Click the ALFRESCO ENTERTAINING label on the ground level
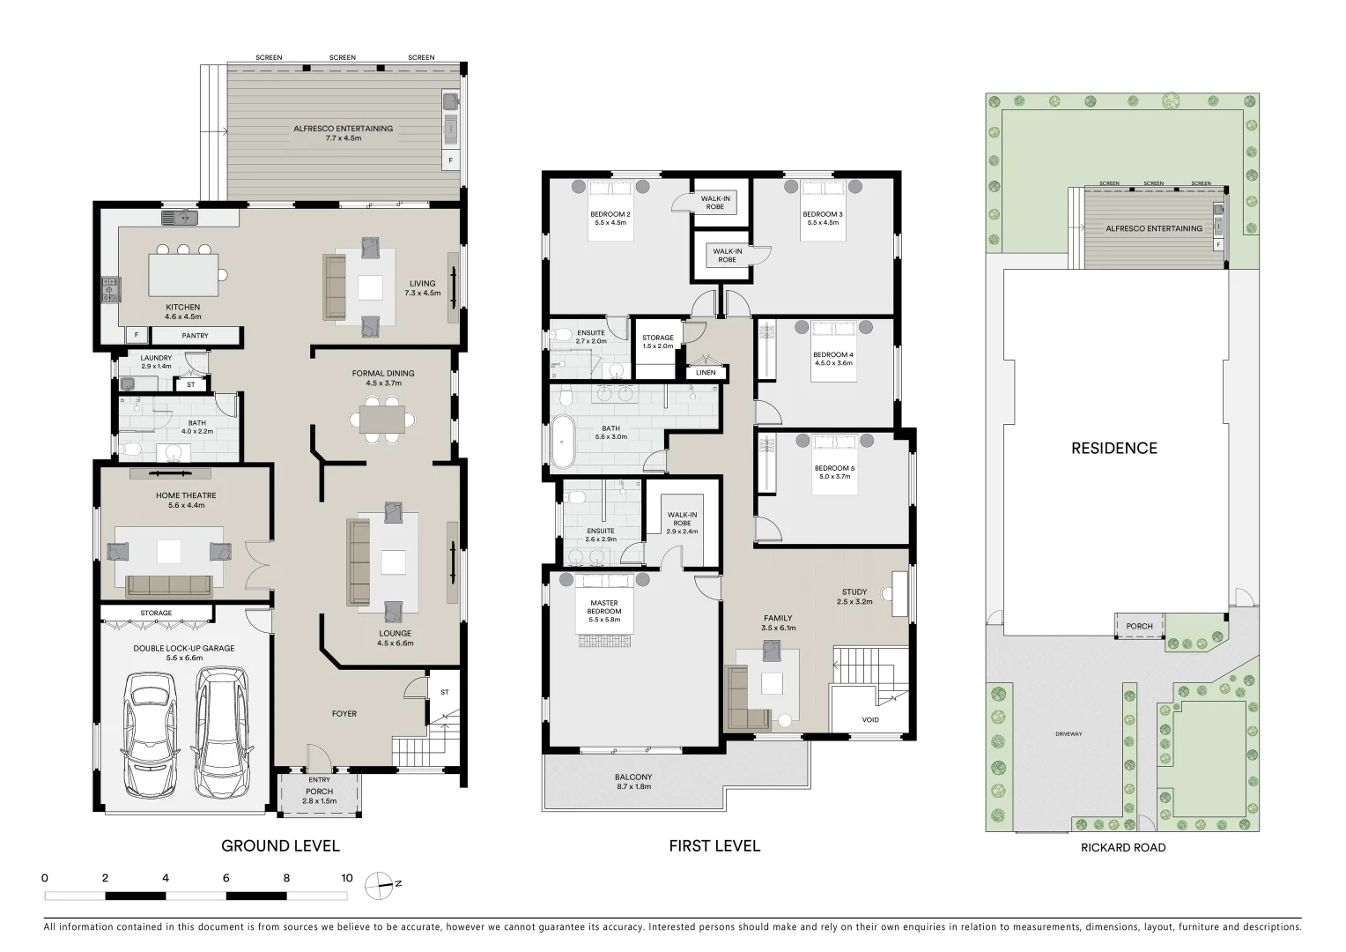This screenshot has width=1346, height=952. [x=343, y=128]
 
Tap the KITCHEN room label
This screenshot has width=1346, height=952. [x=182, y=308]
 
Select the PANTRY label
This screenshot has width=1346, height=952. [x=195, y=336]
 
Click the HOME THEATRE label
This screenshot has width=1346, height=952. [x=186, y=495]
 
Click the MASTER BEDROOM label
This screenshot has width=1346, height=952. [x=603, y=607]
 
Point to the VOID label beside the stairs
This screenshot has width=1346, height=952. [x=869, y=720]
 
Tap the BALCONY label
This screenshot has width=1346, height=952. [x=633, y=777]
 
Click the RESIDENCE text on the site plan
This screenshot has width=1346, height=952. [x=1113, y=448]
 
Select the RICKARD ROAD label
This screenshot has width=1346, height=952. [x=1122, y=848]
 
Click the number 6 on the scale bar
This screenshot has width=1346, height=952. [x=226, y=878]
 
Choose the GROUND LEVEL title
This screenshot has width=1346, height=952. [x=280, y=846]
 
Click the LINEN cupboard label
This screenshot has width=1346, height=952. [x=706, y=372]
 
